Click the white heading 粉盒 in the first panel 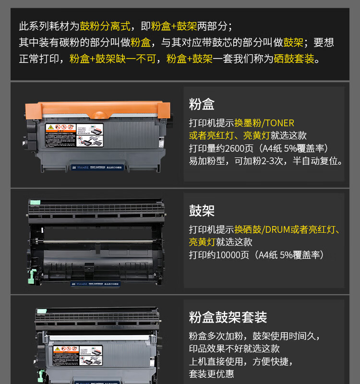[x=202, y=104]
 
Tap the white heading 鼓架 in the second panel [x=202, y=211]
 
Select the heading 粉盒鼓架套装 [x=228, y=317]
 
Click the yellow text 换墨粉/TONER [x=264, y=123]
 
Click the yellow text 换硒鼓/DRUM [x=263, y=230]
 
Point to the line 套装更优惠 [x=212, y=374]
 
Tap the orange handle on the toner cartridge [x=98, y=109]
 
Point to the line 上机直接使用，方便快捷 [x=240, y=361]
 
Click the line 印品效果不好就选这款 [x=234, y=349]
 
